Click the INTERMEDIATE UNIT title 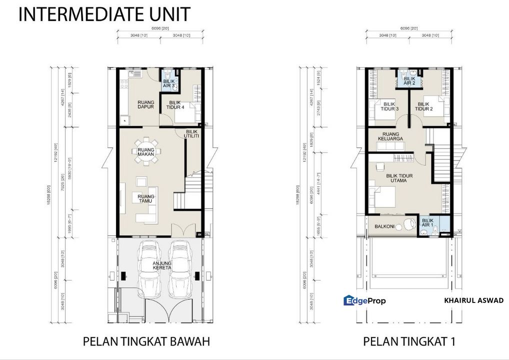pyautogui.click(x=104, y=14)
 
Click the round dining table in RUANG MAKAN pyautogui.click(x=146, y=150)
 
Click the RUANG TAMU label pyautogui.click(x=146, y=198)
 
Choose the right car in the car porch pyautogui.click(x=178, y=269)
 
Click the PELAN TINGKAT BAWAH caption pyautogui.click(x=146, y=341)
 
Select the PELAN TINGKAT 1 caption pyautogui.click(x=409, y=341)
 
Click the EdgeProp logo pyautogui.click(x=364, y=300)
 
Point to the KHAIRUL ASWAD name pyautogui.click(x=473, y=300)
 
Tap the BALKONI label pyautogui.click(x=385, y=226)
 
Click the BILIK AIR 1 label pyautogui.click(x=428, y=222)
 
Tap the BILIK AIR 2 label pyautogui.click(x=409, y=80)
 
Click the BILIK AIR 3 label pyautogui.click(x=168, y=83)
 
